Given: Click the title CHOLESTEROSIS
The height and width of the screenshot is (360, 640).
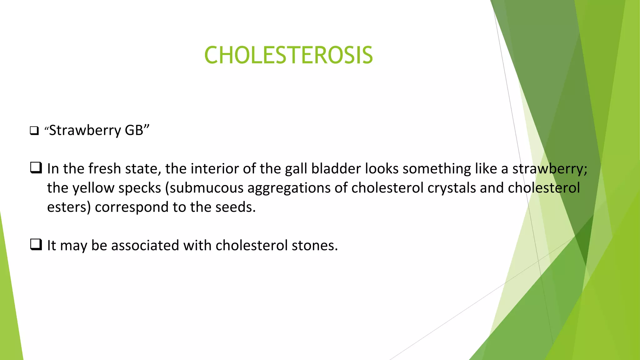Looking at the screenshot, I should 288,55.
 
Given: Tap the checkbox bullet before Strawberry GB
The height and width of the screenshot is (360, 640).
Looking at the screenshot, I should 34,131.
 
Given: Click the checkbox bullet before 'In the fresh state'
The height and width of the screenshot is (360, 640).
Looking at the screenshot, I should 36,168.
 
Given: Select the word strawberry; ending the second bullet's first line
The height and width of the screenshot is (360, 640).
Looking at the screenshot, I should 550,169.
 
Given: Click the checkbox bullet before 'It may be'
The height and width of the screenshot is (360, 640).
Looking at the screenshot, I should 36,245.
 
